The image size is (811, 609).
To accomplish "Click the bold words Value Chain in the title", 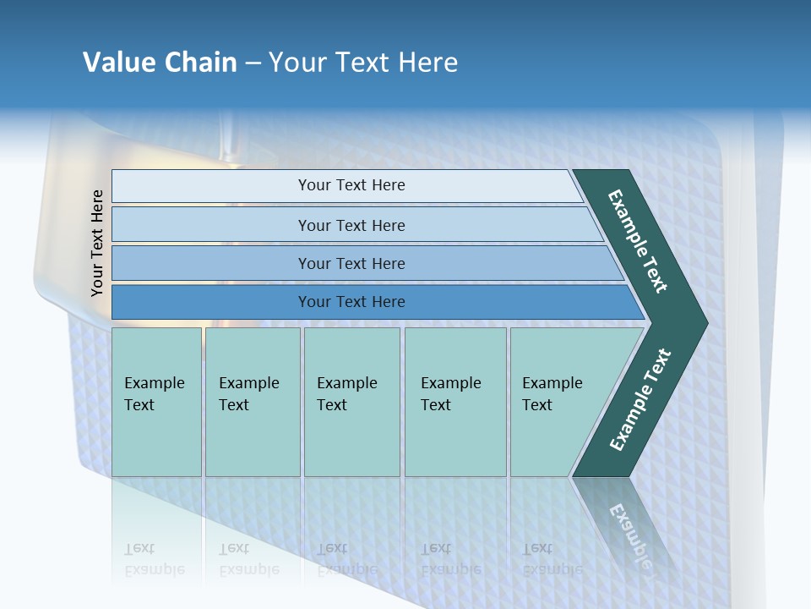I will (160, 62).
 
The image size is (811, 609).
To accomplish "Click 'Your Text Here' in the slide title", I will (363, 62).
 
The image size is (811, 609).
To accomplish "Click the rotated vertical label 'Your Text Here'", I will (97, 243).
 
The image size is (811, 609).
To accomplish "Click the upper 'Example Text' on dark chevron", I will (638, 241).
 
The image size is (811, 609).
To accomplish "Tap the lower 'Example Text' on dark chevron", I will (640, 399).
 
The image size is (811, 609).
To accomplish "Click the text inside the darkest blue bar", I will (351, 302).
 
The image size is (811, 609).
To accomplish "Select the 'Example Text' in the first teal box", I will (154, 394).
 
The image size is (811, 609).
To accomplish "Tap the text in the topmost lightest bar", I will (351, 185).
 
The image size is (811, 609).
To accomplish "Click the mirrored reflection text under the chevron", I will (630, 533).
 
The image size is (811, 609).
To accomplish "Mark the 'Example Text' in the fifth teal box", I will (552, 394).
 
